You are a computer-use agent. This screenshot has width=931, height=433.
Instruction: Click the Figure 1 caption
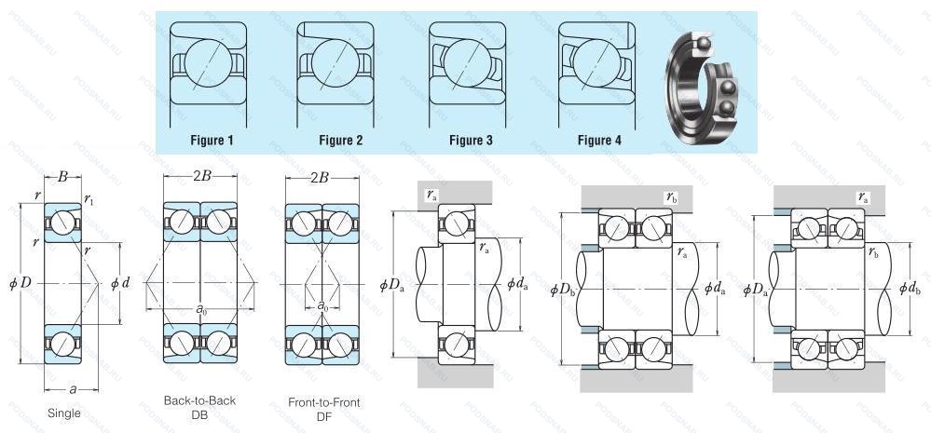point(212,141)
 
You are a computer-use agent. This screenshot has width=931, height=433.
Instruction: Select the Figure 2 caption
point(341,141)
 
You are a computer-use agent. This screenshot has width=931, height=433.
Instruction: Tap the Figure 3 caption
point(471,141)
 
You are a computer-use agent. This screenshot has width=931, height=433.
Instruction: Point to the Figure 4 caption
point(599,141)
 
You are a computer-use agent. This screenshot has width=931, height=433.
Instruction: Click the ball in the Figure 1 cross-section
point(209,63)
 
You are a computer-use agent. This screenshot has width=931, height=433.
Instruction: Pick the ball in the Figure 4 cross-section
point(596,63)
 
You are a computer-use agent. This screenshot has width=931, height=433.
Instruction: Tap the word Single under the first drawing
point(64,413)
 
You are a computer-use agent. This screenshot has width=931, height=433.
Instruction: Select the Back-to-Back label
point(199,400)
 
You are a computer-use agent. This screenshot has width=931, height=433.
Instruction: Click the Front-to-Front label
point(324,403)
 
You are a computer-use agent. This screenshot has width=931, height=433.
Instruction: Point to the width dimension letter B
point(62,176)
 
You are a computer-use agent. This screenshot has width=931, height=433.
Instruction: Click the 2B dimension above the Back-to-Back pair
point(200,176)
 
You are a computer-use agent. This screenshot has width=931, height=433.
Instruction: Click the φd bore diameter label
point(120,283)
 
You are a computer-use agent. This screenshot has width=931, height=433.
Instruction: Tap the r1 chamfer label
point(89,200)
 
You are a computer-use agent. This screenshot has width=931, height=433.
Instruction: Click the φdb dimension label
point(910,289)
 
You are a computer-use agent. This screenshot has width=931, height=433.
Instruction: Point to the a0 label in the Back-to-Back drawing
point(201,308)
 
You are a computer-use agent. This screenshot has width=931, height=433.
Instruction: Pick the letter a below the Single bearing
point(73,389)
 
